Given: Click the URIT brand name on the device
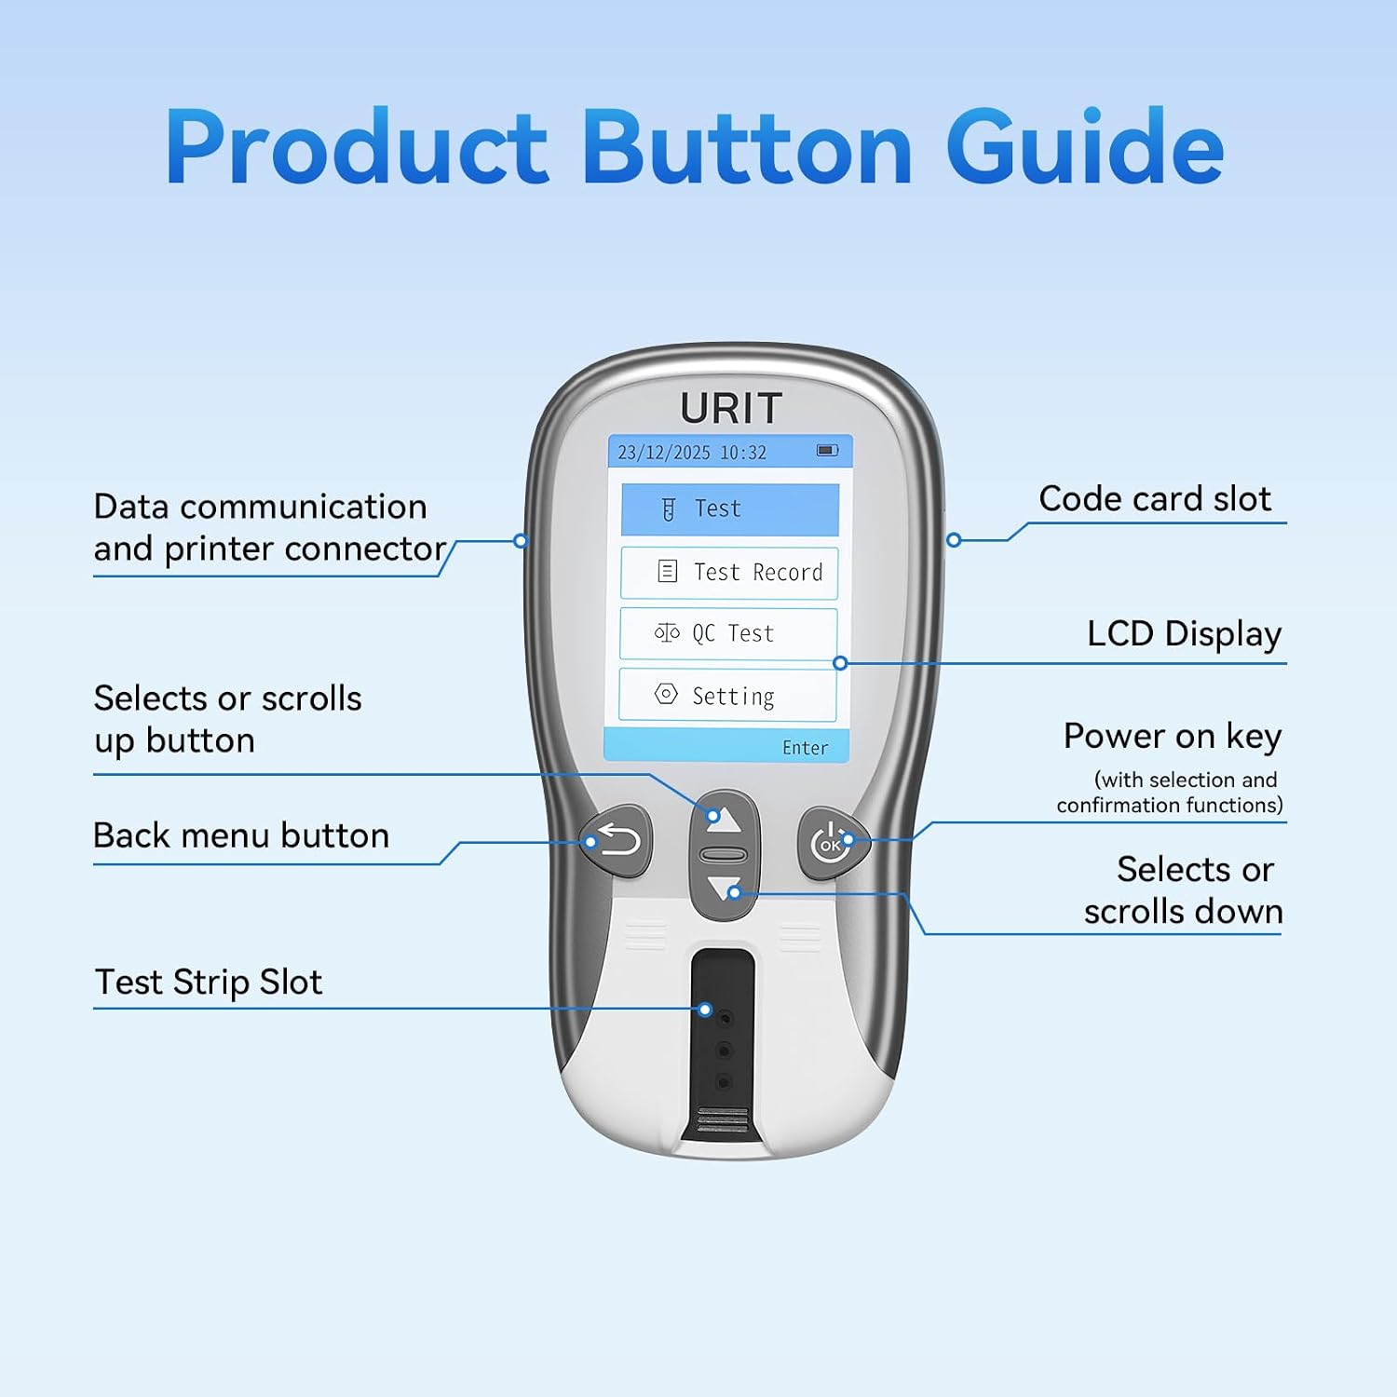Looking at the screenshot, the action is pyautogui.click(x=731, y=408).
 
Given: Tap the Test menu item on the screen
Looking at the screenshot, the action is pyautogui.click(x=730, y=509).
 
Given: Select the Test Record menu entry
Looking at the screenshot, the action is pyautogui.click(x=729, y=573).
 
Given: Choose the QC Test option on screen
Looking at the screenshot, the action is pyautogui.click(x=728, y=634).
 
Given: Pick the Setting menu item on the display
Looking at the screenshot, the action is pyautogui.click(x=727, y=695).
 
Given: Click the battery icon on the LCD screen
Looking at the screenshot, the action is pyautogui.click(x=827, y=451).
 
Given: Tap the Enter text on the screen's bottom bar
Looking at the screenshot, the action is pyautogui.click(x=805, y=748).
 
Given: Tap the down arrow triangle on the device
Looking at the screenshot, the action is pyautogui.click(x=724, y=888).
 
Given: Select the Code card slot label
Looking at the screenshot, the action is pyautogui.click(x=1155, y=499).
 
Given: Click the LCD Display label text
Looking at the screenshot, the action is pyautogui.click(x=1185, y=634).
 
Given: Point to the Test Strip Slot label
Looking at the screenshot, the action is pyautogui.click(x=209, y=983).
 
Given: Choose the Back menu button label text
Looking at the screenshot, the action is pyautogui.click(x=241, y=835).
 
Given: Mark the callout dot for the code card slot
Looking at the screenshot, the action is pyautogui.click(x=954, y=540).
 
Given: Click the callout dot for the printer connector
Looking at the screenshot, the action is pyautogui.click(x=522, y=540).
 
